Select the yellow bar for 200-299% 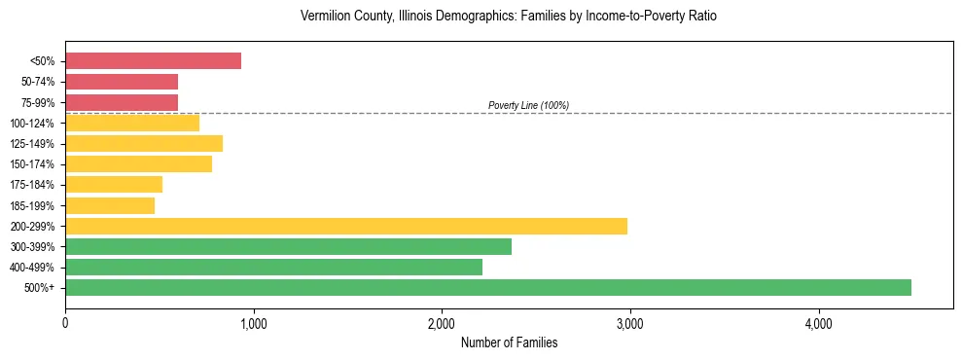pos(346,226)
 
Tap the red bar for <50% pos(153,60)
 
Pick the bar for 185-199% pos(110,205)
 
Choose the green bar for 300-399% pos(288,246)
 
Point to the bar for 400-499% pos(273,267)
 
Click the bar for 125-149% pos(144,143)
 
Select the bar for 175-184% pos(114,184)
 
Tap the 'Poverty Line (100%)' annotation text pos(528,105)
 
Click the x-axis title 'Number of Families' pos(509,342)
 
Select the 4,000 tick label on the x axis pos(818,323)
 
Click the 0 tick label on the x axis pos(65,323)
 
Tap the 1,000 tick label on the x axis pos(253,323)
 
